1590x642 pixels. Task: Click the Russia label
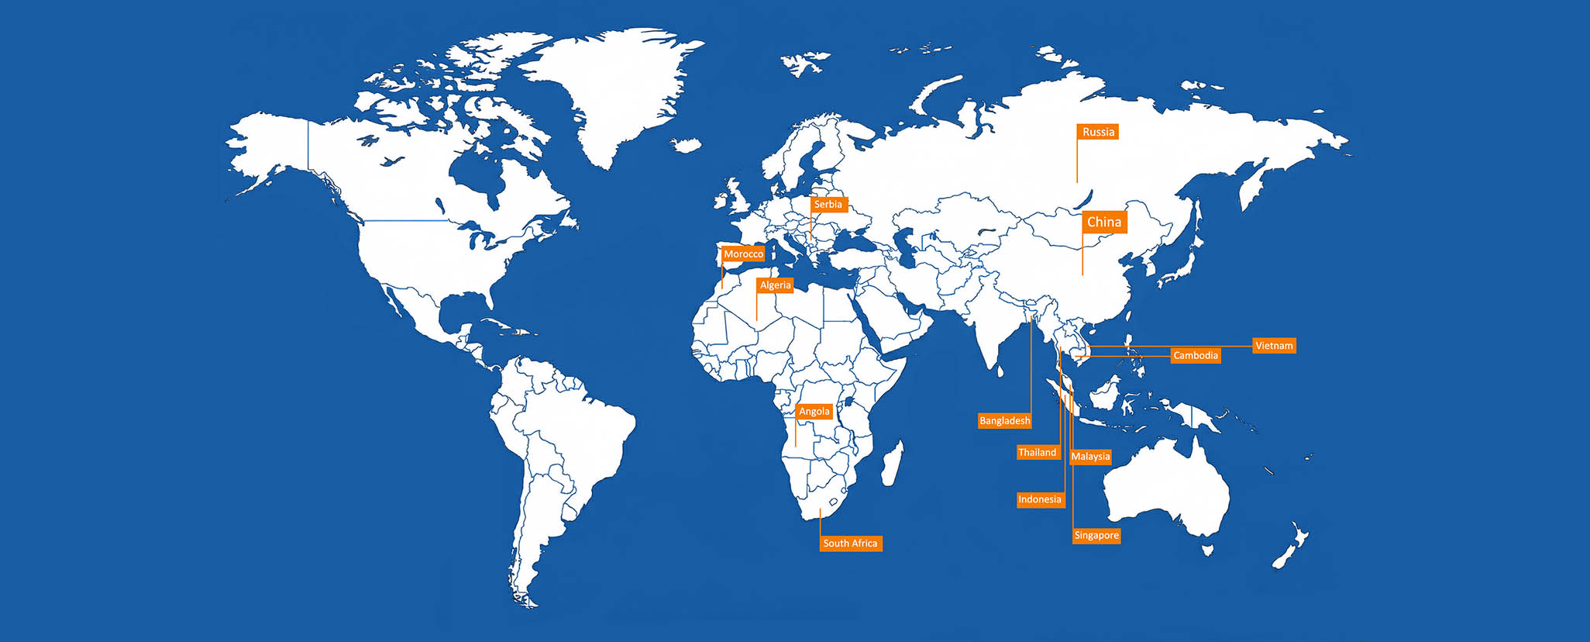pos(1098,132)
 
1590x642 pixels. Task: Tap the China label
pos(1104,222)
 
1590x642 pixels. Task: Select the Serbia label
pos(828,205)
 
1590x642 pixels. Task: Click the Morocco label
pos(743,254)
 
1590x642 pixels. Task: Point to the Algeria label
pos(775,285)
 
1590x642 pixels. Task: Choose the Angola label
pos(814,412)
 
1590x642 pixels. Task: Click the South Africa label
pos(850,544)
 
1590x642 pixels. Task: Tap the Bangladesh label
pos(1005,421)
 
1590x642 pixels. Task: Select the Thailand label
pos(1038,453)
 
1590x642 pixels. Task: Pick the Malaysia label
pos(1090,457)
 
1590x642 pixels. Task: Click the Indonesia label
pos(1040,499)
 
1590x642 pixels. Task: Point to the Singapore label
pos(1096,536)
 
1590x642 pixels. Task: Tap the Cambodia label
pos(1196,356)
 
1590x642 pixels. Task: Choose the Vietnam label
pos(1274,346)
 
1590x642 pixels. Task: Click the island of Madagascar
pos(892,464)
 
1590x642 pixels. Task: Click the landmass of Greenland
pos(612,85)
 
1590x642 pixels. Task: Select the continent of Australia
pos(1166,488)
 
